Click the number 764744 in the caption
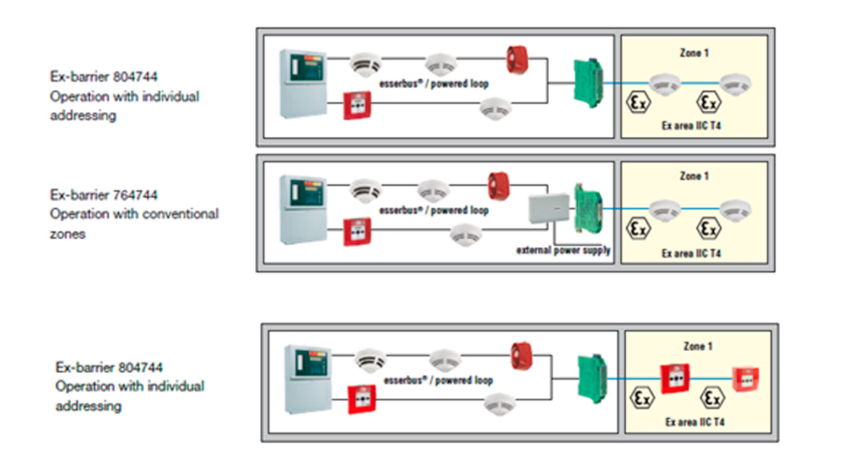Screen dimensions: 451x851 (x=134, y=195)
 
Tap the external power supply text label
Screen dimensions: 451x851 (x=563, y=250)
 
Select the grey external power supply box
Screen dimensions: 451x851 (x=548, y=210)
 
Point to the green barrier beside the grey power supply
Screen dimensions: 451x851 (x=588, y=205)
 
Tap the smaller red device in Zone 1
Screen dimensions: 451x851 (x=746, y=379)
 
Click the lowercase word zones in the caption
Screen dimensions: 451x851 (x=67, y=233)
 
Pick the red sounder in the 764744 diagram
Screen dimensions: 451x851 (x=500, y=186)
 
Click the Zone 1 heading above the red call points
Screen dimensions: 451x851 (x=698, y=347)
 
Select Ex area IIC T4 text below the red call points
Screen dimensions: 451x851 (x=695, y=422)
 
